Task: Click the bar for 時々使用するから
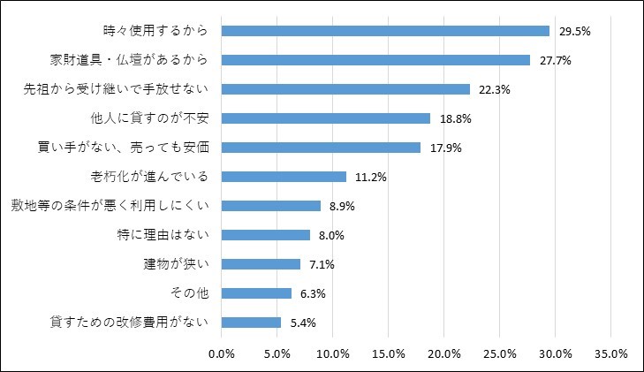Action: pos(385,31)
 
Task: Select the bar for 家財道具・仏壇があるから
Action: pos(375,60)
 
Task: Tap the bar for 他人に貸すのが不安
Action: pos(325,118)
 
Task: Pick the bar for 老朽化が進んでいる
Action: pos(283,177)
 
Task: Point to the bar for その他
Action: pos(256,293)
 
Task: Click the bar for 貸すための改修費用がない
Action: pos(251,323)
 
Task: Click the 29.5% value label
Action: pos(575,31)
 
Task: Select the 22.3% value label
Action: pos(495,89)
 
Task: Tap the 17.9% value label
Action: pos(446,148)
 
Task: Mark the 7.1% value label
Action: pos(322,264)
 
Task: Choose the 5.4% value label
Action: pos(303,323)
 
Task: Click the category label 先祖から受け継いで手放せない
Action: pos(115,89)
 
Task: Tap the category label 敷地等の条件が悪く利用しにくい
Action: pos(110,206)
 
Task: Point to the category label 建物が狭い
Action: pos(176,264)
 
